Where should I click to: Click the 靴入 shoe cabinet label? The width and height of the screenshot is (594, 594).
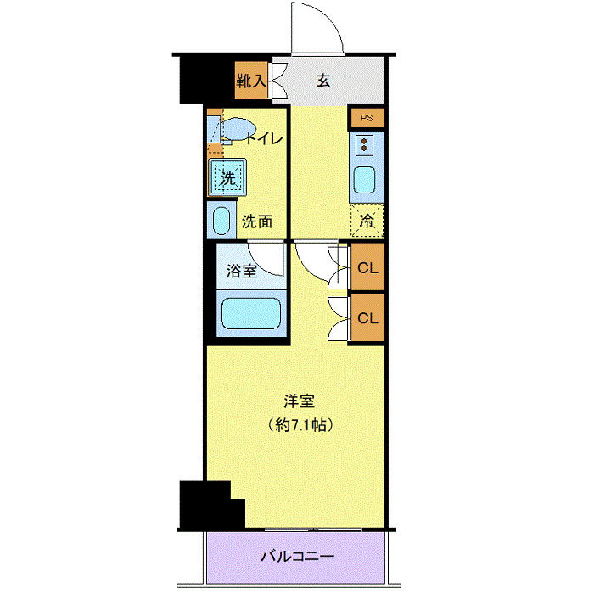(252, 81)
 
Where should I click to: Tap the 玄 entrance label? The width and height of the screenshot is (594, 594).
(323, 81)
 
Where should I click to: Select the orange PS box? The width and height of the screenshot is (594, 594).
(367, 118)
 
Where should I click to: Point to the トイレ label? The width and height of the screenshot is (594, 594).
(264, 139)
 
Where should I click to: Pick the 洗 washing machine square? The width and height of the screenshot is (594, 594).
(227, 178)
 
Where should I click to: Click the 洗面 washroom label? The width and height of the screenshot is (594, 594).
(257, 222)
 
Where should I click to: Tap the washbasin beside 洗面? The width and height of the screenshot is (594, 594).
(221, 221)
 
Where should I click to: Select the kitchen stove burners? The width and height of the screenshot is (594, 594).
(366, 144)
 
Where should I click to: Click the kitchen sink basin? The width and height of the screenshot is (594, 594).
(367, 181)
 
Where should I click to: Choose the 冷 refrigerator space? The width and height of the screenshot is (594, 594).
(367, 219)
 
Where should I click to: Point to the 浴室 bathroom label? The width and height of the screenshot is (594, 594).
(241, 272)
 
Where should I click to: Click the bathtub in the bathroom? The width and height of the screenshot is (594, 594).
(252, 313)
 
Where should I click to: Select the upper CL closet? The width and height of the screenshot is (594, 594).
(367, 268)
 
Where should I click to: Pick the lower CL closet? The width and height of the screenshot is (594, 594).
(367, 318)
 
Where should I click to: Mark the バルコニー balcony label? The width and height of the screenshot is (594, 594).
(297, 558)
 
